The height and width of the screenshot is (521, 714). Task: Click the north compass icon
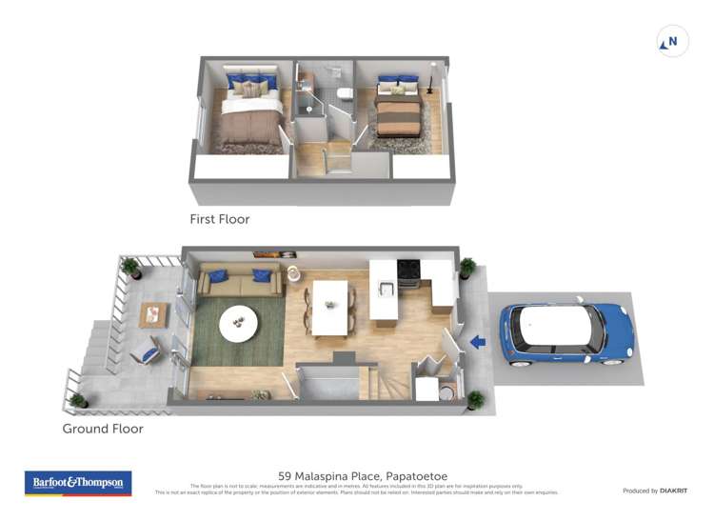(672, 42)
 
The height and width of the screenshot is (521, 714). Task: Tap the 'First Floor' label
(219, 219)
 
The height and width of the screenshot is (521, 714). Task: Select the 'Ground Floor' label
(103, 429)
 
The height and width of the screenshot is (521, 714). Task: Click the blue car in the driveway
(565, 334)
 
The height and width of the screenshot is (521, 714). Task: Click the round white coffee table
(238, 324)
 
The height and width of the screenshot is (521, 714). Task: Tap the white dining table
(329, 307)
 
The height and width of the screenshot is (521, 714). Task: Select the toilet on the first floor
(345, 93)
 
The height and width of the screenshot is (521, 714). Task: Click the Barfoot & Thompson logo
(78, 483)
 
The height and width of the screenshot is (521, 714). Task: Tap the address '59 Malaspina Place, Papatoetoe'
(363, 476)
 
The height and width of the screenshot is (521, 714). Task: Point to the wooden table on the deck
(152, 314)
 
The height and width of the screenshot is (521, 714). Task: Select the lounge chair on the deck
(145, 352)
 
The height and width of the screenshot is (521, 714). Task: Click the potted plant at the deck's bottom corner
(78, 401)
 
